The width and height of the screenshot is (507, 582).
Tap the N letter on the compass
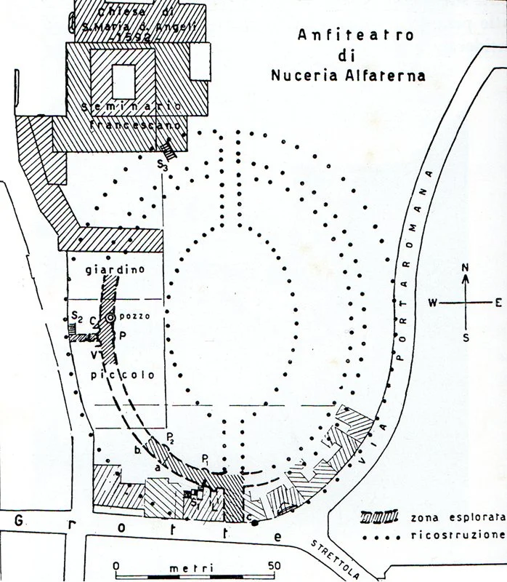(x=466, y=267)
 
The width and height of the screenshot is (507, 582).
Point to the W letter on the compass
(x=432, y=303)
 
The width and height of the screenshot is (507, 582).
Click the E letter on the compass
(x=498, y=303)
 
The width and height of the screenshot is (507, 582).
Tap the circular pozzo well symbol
(x=110, y=318)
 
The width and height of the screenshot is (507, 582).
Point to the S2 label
(x=76, y=316)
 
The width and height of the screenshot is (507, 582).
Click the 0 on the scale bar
(x=117, y=566)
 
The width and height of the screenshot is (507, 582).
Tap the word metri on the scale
(x=187, y=566)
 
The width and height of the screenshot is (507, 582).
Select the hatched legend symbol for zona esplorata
(x=381, y=517)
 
